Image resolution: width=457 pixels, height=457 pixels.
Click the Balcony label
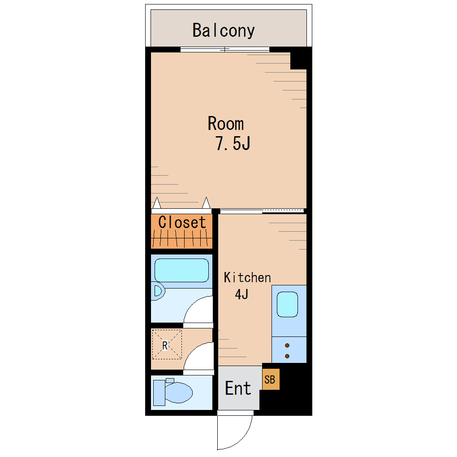(224, 30)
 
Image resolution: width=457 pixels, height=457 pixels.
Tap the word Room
(226, 123)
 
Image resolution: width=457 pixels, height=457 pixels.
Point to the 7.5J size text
(233, 143)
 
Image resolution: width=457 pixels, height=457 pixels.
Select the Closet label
(182, 222)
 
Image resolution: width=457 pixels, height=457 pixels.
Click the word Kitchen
(247, 277)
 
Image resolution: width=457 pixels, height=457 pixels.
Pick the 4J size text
(241, 294)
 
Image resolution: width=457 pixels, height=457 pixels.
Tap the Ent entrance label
(238, 388)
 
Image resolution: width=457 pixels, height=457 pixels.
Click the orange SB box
(271, 379)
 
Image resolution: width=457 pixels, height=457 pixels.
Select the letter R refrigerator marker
(165, 345)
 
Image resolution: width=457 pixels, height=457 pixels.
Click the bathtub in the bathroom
(181, 270)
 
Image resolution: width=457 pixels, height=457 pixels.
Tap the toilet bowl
(179, 392)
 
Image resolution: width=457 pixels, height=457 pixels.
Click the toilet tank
(159, 393)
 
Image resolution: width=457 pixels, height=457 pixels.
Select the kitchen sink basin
(287, 304)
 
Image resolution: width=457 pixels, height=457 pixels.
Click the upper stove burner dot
(287, 346)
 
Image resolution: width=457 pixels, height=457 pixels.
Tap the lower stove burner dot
(287, 356)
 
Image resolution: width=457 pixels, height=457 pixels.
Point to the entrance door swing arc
(244, 439)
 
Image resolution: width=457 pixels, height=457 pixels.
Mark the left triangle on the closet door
(157, 203)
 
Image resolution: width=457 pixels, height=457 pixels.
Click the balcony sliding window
(225, 50)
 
